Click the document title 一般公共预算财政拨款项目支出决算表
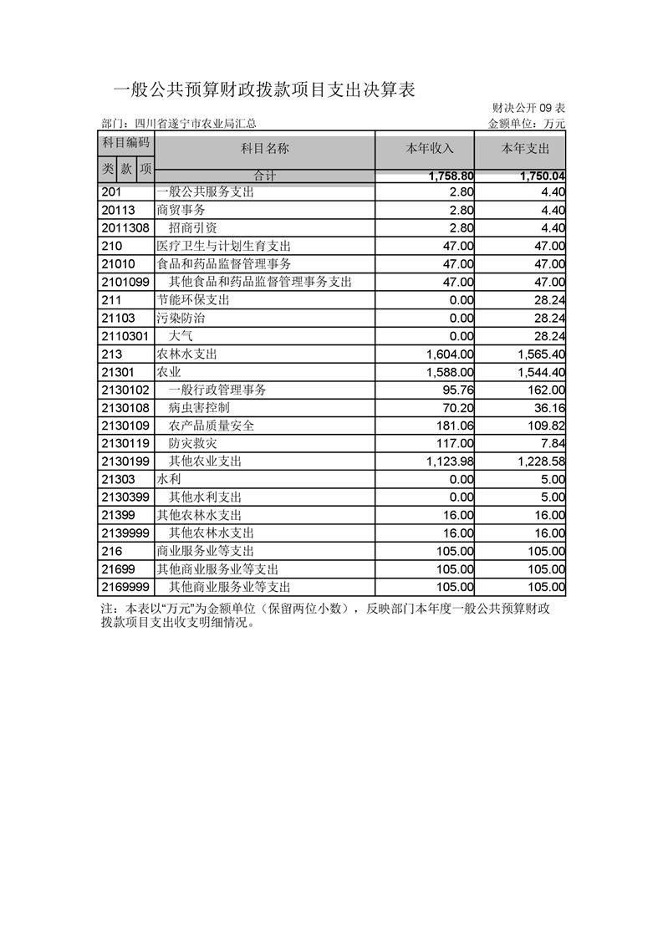[x=263, y=90]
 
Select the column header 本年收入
[x=430, y=149]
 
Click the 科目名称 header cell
[x=265, y=149]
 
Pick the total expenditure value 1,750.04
[x=542, y=176]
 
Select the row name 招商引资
[x=193, y=227]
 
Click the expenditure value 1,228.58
[x=542, y=461]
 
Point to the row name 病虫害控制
[x=199, y=408]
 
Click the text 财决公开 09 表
[x=529, y=109]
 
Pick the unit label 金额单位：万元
[x=527, y=124]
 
